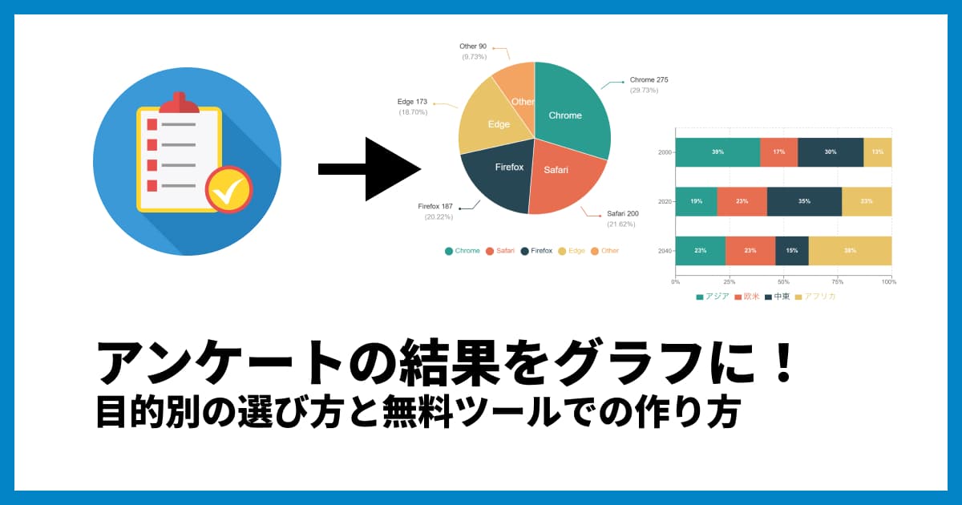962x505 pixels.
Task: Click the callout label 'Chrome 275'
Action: coord(649,80)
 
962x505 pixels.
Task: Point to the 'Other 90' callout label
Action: coord(473,46)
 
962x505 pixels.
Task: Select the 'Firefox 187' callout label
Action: coord(435,207)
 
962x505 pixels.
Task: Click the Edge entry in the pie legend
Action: coord(572,251)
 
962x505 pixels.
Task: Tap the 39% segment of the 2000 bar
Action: coord(717,152)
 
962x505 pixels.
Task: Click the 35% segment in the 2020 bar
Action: coord(804,201)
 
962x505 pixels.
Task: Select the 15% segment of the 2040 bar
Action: coord(792,251)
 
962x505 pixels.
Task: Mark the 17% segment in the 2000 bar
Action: coord(778,152)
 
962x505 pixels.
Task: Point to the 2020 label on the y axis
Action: coord(665,201)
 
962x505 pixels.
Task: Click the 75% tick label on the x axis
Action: coord(837,281)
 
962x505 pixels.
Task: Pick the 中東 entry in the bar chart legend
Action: coord(777,297)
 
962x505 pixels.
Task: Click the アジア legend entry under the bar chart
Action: coord(713,297)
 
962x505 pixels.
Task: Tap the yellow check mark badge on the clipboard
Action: coord(229,189)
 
